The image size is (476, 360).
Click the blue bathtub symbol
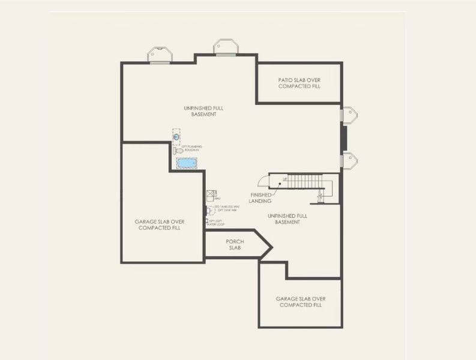186,163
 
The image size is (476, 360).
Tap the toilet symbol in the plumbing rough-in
178,151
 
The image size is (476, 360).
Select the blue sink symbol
176,137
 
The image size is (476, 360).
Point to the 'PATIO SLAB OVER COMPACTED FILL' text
299,83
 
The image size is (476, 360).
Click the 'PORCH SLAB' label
234,244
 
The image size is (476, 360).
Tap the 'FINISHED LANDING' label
260,198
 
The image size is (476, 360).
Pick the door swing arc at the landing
263,181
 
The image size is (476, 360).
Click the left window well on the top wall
161,55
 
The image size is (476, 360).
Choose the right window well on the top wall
226,47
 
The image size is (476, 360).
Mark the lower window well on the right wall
349,160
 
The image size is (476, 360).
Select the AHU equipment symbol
211,194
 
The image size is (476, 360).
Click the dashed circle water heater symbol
211,210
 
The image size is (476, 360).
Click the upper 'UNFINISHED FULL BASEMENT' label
200,111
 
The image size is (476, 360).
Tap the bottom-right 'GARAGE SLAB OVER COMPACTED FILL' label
300,301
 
